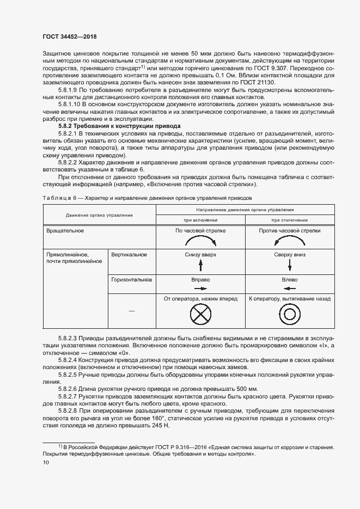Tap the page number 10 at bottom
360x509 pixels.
pyautogui.click(x=45, y=462)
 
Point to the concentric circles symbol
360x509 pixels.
pyautogui.click(x=289, y=314)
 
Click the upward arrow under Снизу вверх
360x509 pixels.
pyautogui.click(x=200, y=265)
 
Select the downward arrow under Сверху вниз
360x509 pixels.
pyautogui.click(x=289, y=265)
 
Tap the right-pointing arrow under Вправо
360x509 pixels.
pyautogui.click(x=200, y=288)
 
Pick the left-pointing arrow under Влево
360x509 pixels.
pyautogui.click(x=289, y=288)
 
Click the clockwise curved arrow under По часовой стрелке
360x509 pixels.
pyautogui.click(x=200, y=240)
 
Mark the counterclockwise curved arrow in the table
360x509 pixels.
pyautogui.click(x=289, y=240)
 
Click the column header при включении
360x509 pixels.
pyautogui.click(x=200, y=220)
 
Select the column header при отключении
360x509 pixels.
pyautogui.click(x=289, y=220)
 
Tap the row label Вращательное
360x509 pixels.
pyautogui.click(x=65, y=231)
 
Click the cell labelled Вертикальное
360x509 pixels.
pyautogui.click(x=129, y=254)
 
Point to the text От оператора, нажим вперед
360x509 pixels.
pyautogui.click(x=200, y=299)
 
